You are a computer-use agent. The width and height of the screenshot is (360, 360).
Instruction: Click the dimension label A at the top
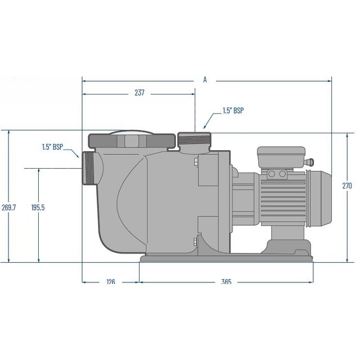click(205, 80)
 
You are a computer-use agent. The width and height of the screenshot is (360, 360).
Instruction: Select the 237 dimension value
click(139, 94)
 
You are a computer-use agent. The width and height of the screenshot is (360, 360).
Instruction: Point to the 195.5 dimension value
click(38, 208)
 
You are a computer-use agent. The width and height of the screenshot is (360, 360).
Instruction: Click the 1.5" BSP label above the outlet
click(233, 111)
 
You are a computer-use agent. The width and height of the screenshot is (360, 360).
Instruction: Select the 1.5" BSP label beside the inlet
click(52, 147)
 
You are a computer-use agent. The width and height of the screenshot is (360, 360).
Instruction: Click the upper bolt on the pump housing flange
click(194, 164)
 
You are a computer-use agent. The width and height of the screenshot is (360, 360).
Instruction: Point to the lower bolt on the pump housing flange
click(194, 242)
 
